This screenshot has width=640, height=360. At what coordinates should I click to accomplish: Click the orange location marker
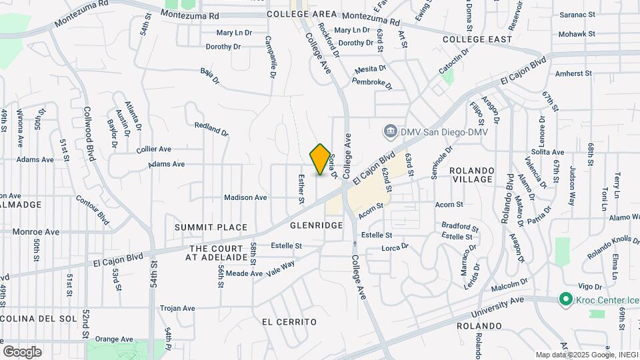pos(321,159)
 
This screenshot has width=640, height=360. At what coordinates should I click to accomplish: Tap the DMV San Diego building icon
pos(391,131)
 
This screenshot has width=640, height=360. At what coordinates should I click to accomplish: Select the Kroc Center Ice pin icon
pos(566,299)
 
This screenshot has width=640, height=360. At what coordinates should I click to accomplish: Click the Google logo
pos(22,351)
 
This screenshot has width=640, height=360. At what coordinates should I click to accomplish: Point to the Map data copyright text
pos(587,355)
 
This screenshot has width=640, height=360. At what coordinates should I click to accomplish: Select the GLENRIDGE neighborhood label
pos(316,226)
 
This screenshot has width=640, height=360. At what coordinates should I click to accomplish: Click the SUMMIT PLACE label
pos(211,227)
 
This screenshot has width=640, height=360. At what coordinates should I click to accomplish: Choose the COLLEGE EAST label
pos(477,40)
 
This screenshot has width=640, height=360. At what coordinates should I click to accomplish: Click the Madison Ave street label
pos(245,197)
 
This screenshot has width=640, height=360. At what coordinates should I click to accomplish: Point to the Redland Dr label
pos(211,129)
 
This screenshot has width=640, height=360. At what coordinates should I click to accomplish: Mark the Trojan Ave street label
pos(177,309)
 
